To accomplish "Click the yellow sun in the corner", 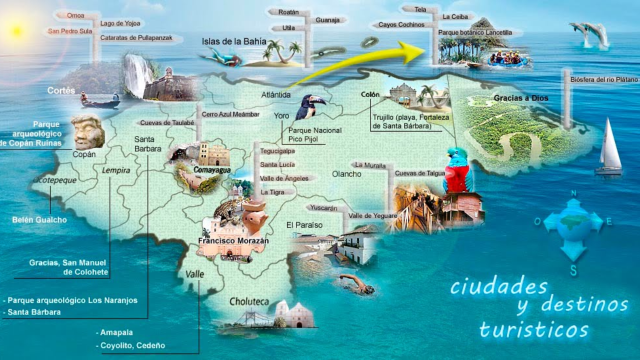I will click(17, 31).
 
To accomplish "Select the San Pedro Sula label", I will click(69, 31).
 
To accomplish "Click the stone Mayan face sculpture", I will click(87, 132).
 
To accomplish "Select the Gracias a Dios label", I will click(520, 98).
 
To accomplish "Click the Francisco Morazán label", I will click(233, 241).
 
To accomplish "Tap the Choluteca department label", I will click(249, 301).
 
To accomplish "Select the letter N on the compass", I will click(573, 193).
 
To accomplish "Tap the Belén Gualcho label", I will click(39, 220).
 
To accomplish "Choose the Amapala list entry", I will click(116, 332).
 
